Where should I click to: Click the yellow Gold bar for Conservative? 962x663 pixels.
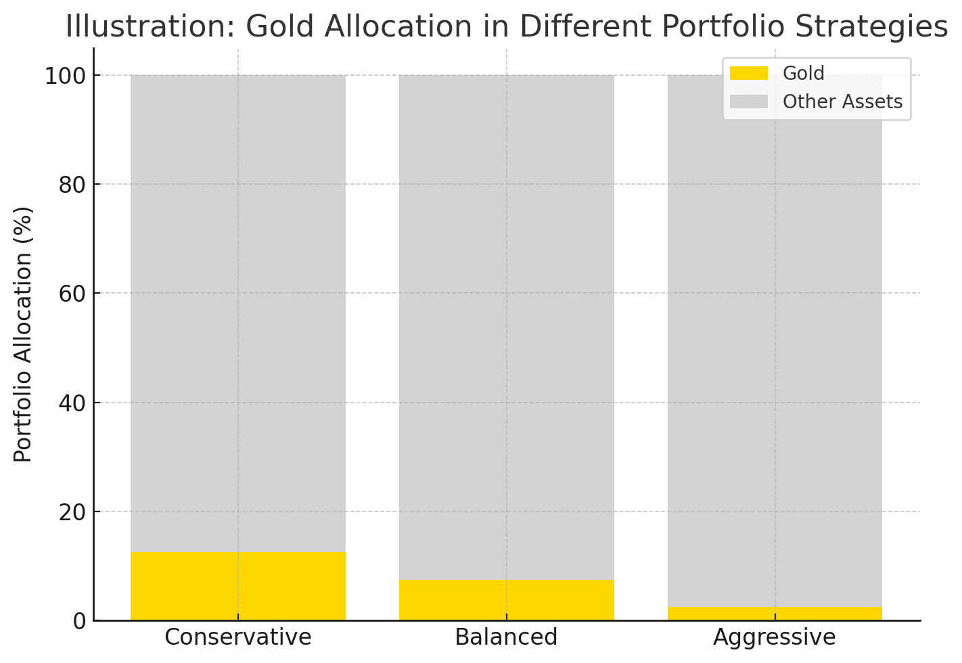238,586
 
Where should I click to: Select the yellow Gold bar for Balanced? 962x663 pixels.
506,600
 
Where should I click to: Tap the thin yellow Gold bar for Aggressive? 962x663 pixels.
775,614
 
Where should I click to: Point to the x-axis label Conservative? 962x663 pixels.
238,637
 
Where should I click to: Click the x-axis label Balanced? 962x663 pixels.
506,637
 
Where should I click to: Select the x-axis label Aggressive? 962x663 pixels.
775,637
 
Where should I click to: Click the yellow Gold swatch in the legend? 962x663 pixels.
749,73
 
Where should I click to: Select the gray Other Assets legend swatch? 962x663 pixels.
749,101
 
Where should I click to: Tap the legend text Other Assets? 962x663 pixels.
842,101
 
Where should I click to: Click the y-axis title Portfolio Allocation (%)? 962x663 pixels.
24,334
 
